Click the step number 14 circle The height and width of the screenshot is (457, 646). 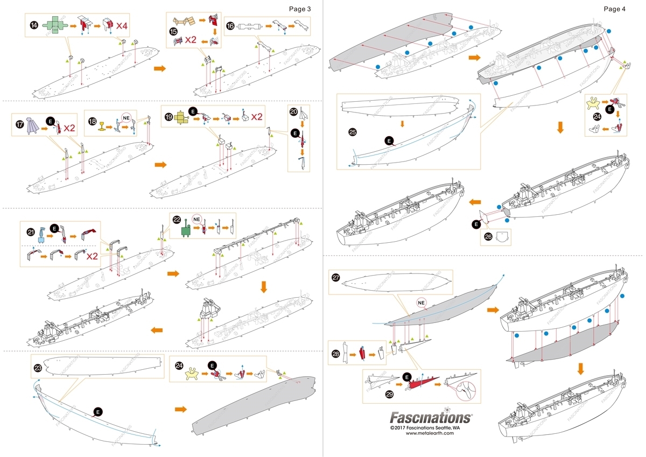pyautogui.click(x=34, y=25)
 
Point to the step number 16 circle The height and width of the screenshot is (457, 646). pyautogui.click(x=230, y=25)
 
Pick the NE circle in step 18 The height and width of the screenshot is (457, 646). pyautogui.click(x=127, y=117)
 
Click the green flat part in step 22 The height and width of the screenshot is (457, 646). pyautogui.click(x=186, y=230)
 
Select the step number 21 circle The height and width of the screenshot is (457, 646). pyautogui.click(x=31, y=231)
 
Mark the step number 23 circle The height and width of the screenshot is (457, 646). pyautogui.click(x=38, y=368)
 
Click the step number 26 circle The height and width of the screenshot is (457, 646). pyautogui.click(x=489, y=236)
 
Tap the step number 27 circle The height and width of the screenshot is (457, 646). pyautogui.click(x=336, y=278)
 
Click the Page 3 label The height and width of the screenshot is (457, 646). pyautogui.click(x=299, y=9)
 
